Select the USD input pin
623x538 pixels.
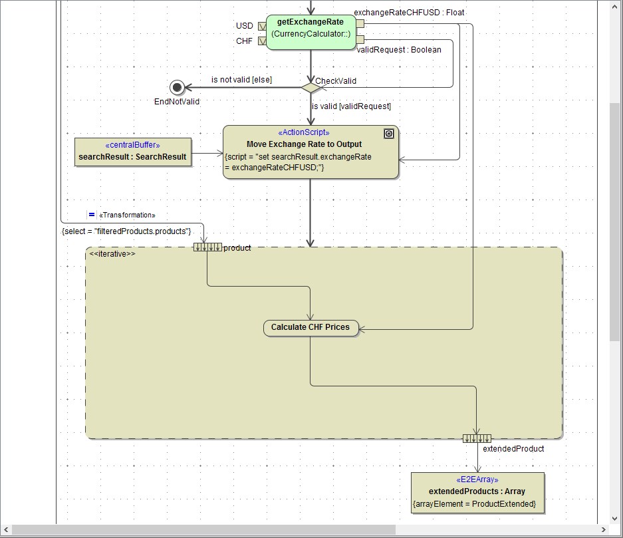(x=261, y=26)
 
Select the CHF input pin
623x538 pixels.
(x=261, y=41)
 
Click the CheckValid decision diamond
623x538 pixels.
(x=311, y=87)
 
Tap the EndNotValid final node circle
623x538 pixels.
(x=176, y=87)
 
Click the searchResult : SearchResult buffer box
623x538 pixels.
(x=133, y=153)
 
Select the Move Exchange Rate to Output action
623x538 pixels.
(x=311, y=152)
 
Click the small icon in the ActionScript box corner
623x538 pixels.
(x=389, y=134)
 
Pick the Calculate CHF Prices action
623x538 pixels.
(x=311, y=327)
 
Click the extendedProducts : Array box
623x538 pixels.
(x=477, y=492)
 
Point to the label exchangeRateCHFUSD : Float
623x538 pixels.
(x=409, y=12)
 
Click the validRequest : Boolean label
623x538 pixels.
(x=399, y=50)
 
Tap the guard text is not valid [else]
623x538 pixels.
(x=241, y=80)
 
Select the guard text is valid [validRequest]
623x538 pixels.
(x=351, y=106)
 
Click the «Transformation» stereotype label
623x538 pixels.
(x=126, y=215)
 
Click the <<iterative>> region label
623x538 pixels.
(x=112, y=254)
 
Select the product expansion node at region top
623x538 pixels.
(x=207, y=247)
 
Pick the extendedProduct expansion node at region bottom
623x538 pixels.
(x=477, y=438)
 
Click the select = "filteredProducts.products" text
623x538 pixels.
(x=126, y=231)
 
